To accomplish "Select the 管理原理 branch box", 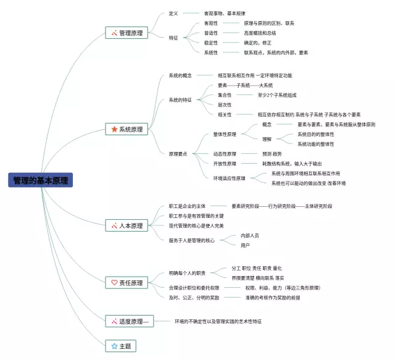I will [x=127, y=33].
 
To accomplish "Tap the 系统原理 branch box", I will [x=127, y=129].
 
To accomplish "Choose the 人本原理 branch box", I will [x=127, y=225].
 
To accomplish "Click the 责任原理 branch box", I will [x=127, y=283].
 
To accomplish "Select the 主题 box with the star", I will [x=121, y=346].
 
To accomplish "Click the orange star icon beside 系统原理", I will [x=114, y=129].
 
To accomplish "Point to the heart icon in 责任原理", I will [x=114, y=283].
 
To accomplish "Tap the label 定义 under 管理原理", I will [x=173, y=13].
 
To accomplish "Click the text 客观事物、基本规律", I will [x=225, y=13].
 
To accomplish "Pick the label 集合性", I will [x=225, y=95].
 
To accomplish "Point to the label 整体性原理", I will [x=225, y=134].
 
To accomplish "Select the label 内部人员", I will [x=250, y=236].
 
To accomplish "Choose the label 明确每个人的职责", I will [x=187, y=273].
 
